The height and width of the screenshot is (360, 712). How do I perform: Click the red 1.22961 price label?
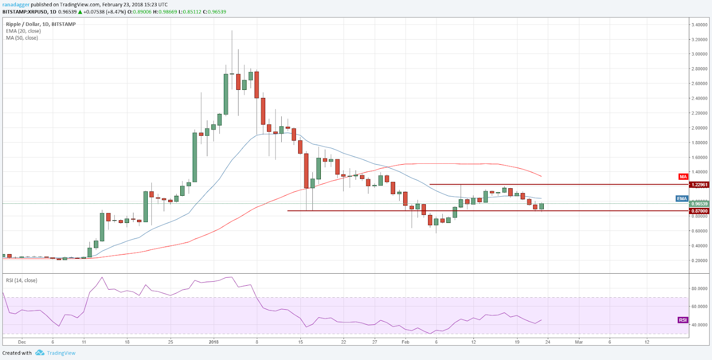[x=699, y=185]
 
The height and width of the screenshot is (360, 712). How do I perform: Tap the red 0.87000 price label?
[x=699, y=211]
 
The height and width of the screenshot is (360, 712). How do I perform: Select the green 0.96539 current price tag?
[x=699, y=204]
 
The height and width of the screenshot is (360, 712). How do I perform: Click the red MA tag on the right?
[x=683, y=177]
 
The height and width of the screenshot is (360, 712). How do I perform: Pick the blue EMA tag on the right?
[x=682, y=198]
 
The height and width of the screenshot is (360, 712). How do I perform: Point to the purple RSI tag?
[x=683, y=320]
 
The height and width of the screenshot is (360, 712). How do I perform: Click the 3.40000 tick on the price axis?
[x=699, y=25]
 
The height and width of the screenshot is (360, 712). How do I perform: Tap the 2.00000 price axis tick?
[x=699, y=128]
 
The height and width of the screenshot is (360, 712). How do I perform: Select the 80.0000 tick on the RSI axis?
[x=699, y=288]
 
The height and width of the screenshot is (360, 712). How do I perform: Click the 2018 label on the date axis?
[x=214, y=342]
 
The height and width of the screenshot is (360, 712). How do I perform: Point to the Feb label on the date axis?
[x=405, y=342]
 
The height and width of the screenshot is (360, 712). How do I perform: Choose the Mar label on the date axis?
[x=578, y=342]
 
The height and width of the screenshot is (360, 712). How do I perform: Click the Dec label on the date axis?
[x=22, y=342]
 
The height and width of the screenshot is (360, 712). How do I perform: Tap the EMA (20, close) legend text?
[x=23, y=31]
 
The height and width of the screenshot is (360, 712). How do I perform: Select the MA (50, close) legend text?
[x=22, y=38]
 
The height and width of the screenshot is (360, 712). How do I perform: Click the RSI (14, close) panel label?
[x=21, y=280]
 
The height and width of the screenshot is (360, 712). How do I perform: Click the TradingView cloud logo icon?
[x=40, y=353]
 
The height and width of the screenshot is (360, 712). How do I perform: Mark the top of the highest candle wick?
[x=232, y=31]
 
